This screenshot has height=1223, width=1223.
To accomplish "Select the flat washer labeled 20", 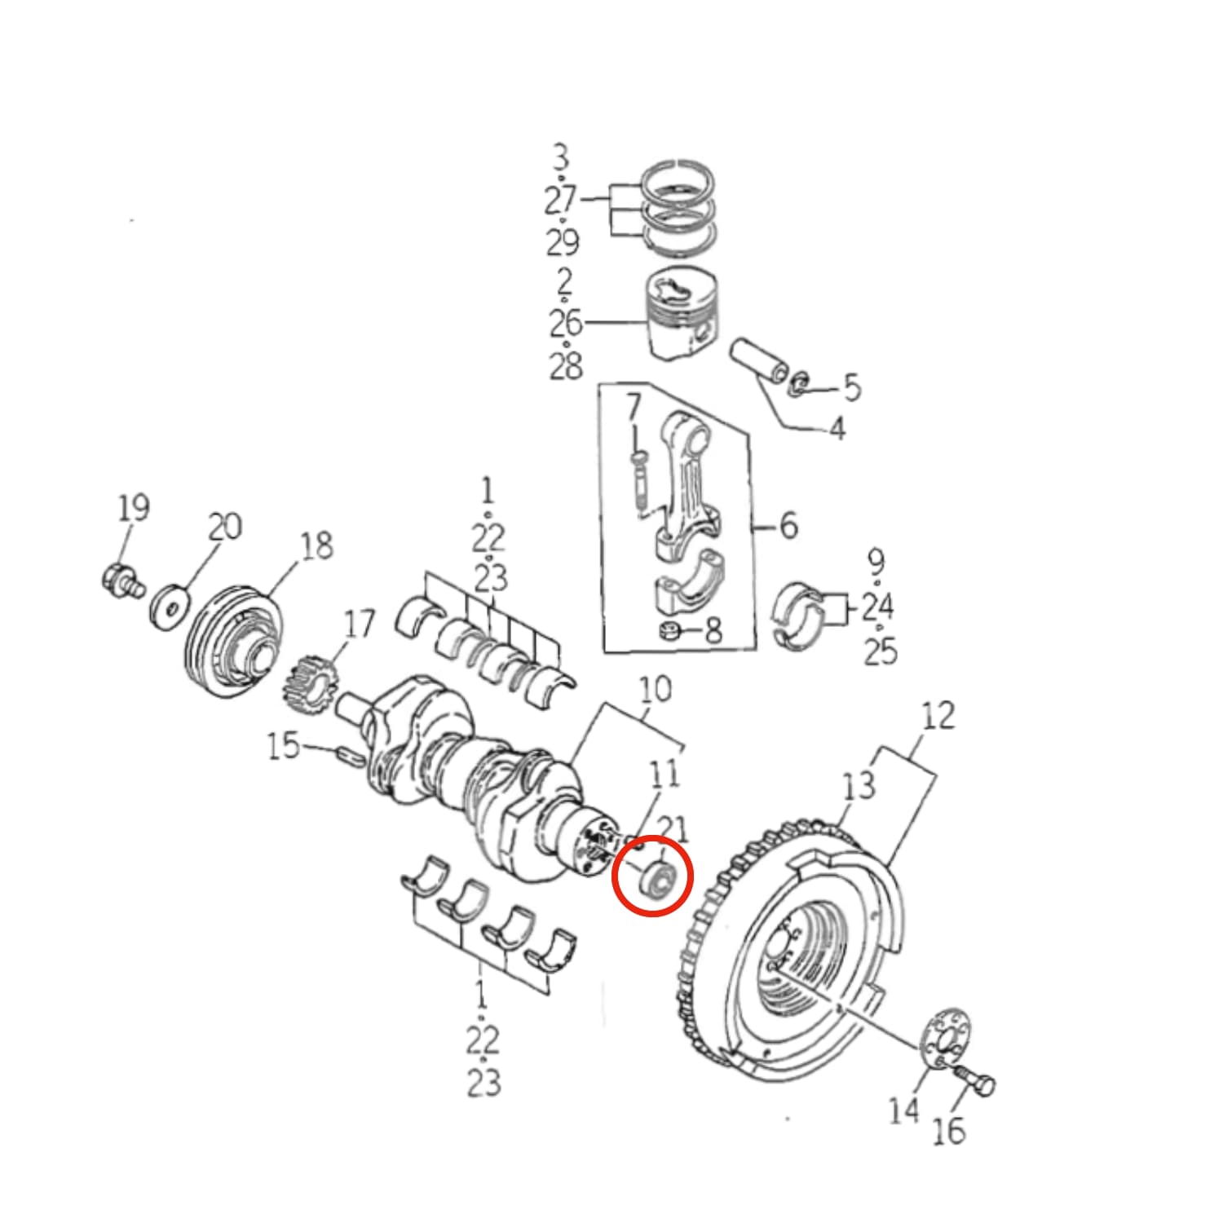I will pos(170,606).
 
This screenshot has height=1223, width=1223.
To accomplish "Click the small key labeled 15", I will pos(349,755).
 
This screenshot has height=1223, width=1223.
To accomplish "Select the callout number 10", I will pos(655,690).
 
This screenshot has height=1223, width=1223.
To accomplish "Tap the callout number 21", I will pos(673,830).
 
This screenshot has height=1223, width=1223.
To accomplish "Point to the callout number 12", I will pos(938,716).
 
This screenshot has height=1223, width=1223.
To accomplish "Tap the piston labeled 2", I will pos(683,314).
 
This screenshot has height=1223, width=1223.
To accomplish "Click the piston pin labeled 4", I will pos(758,360).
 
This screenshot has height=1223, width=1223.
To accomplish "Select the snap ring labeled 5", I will pos(799,383).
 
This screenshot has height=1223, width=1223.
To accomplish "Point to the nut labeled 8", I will pos(669,630).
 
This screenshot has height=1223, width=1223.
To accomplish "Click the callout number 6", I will pos(788,526).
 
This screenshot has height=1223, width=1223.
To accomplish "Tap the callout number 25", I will pos(880,651).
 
